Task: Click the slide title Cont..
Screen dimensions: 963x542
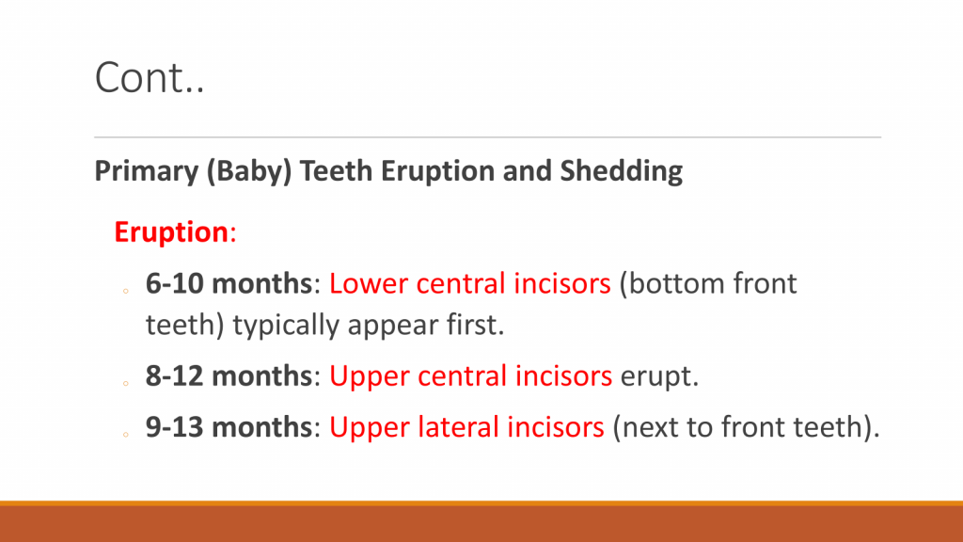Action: [150, 77]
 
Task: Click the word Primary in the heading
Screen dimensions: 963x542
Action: [146, 171]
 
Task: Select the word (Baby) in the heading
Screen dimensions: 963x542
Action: [248, 171]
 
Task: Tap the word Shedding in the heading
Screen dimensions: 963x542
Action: [621, 170]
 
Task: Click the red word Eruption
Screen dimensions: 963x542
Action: [171, 232]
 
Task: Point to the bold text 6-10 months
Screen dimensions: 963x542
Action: [229, 283]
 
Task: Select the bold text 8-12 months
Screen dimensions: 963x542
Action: [229, 375]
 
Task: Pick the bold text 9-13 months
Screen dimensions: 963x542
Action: [229, 426]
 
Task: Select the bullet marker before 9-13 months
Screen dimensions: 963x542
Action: [126, 435]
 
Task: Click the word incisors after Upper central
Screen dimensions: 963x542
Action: [563, 375]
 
